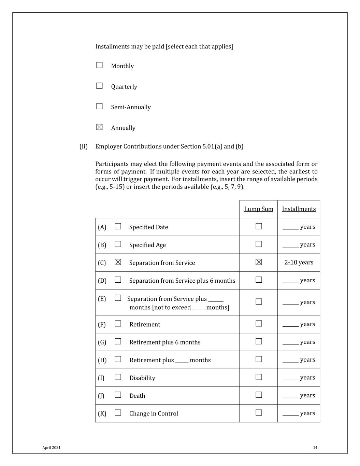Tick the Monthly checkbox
tap(99, 65)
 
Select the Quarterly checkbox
tap(99, 86)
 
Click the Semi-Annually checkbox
tap(99, 106)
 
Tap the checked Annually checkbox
tap(99, 127)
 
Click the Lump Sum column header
tap(259, 209)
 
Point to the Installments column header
tap(299, 209)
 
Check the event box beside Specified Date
tap(118, 226)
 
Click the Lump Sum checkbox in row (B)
tap(259, 244)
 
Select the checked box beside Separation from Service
tap(118, 262)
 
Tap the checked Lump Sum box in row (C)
tap(259, 262)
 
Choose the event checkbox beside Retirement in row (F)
tap(118, 324)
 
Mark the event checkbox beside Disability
tap(118, 377)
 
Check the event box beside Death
tap(118, 395)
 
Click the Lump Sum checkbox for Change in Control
tap(259, 413)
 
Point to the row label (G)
tap(102, 342)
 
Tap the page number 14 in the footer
tap(315, 448)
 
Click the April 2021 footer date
tap(51, 448)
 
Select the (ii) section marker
tap(84, 146)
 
